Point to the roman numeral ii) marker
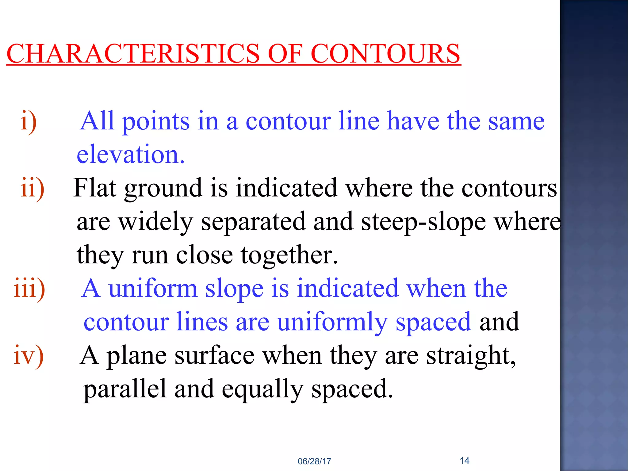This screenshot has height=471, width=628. coord(33,188)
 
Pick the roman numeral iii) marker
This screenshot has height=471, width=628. coord(29,288)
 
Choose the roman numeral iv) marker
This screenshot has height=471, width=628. coord(29,355)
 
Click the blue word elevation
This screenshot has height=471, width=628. coord(130,154)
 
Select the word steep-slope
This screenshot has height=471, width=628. coord(423,221)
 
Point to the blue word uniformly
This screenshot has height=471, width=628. coord(332,322)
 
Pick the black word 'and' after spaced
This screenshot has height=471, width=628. coord(499,322)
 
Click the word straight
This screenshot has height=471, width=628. coord(471,356)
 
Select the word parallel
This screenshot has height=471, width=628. coord(125,389)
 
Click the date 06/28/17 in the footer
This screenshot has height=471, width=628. coord(314,461)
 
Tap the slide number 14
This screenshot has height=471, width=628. coord(464,461)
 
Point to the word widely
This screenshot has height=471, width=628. coord(155,221)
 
